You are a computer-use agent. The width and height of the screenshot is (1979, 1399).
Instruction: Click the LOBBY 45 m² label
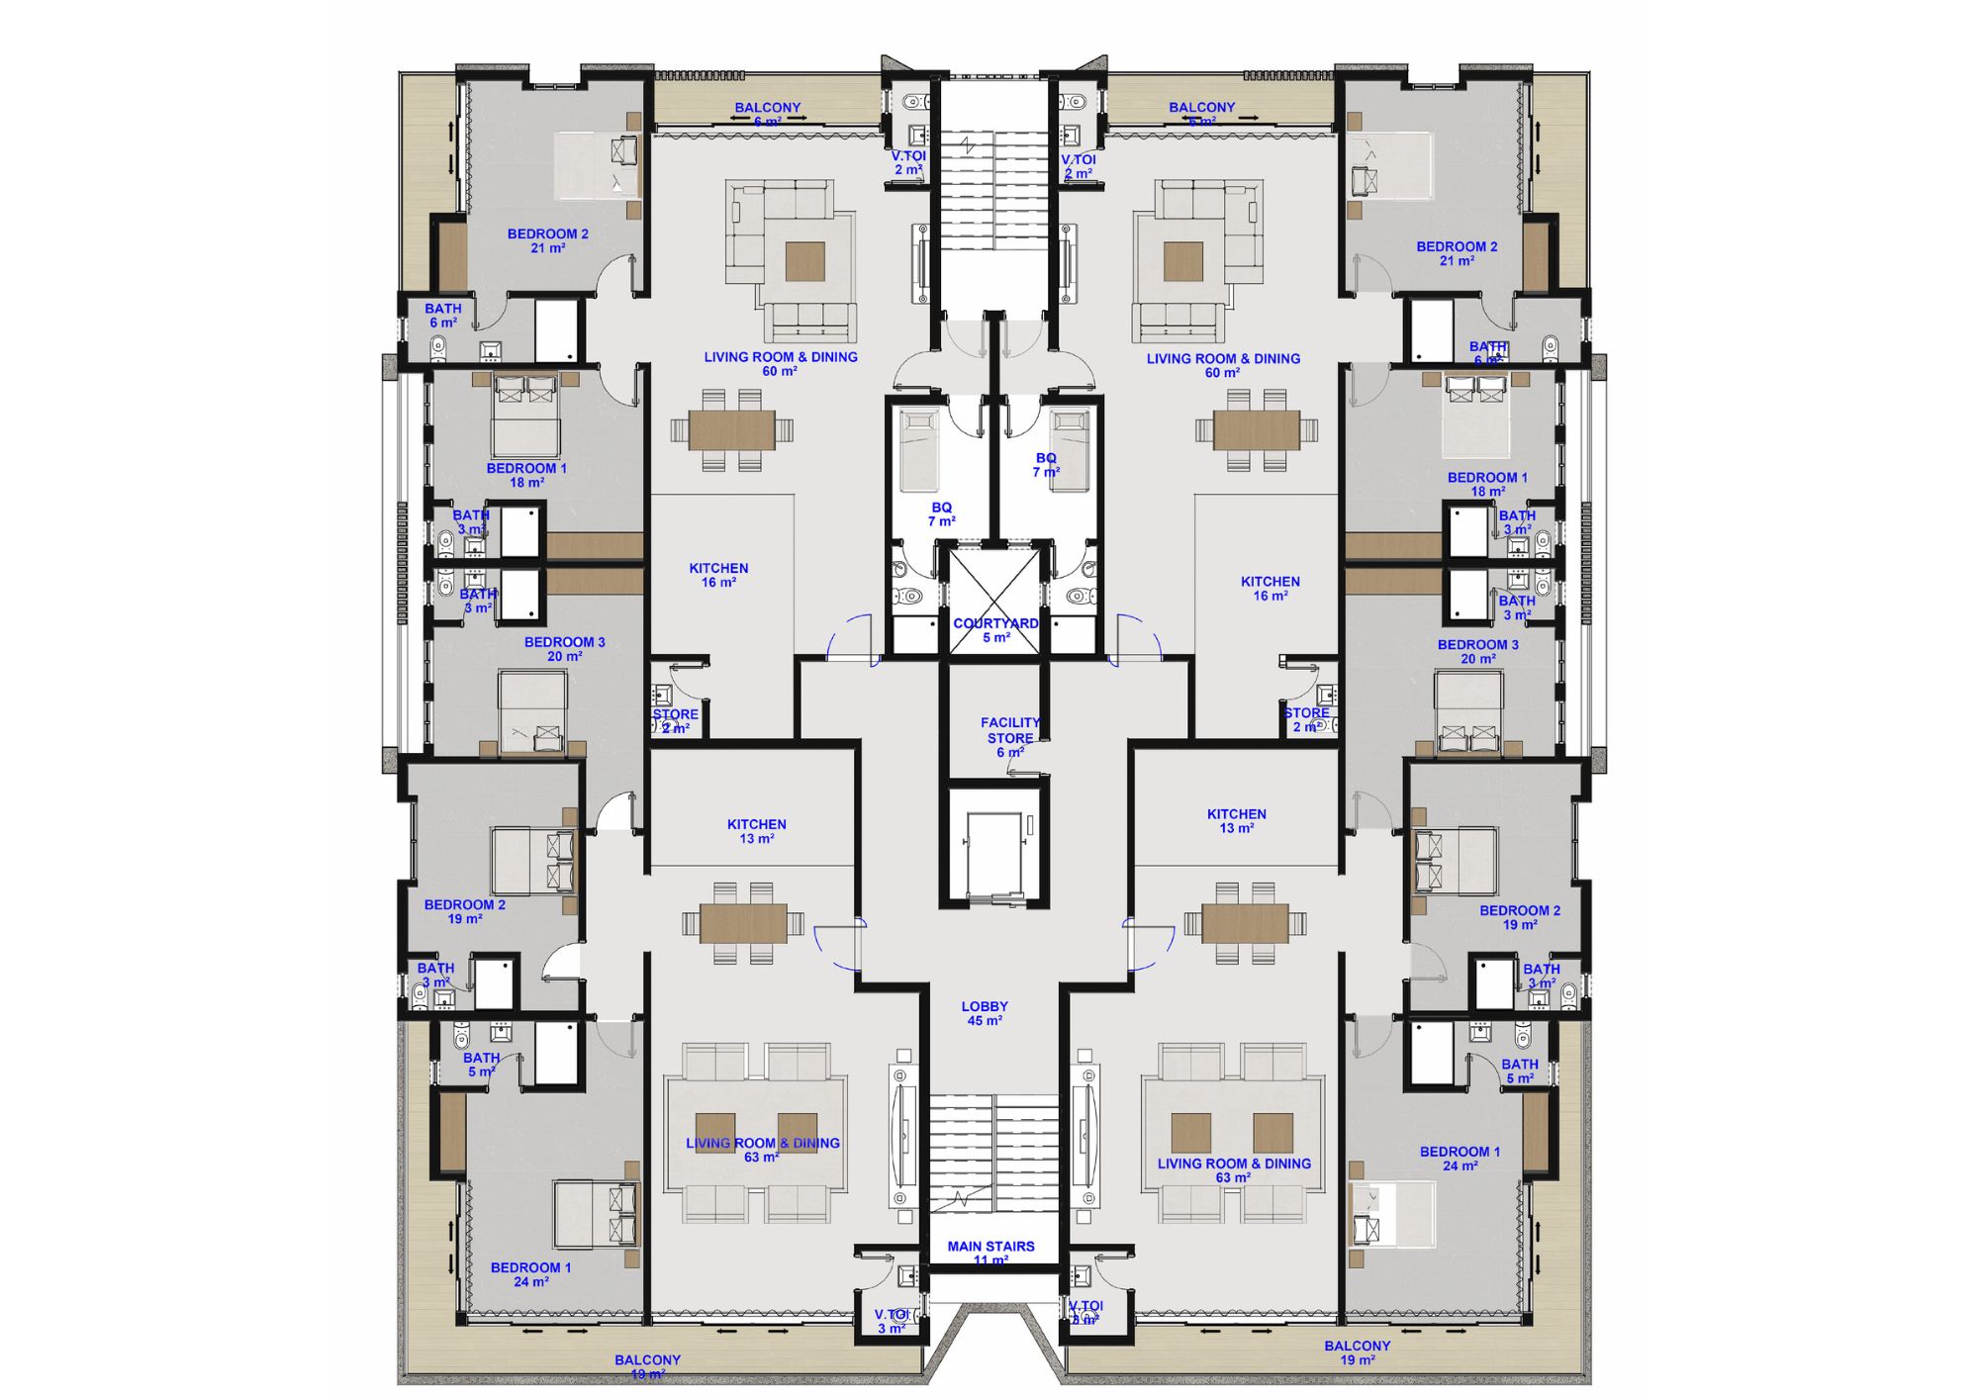pyautogui.click(x=984, y=1013)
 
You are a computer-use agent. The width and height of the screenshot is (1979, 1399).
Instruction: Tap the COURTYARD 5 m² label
pyautogui.click(x=995, y=630)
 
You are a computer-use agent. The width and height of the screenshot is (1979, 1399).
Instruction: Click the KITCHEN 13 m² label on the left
pyautogui.click(x=756, y=831)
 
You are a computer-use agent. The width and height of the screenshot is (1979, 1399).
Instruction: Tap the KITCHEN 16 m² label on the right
pyautogui.click(x=1270, y=589)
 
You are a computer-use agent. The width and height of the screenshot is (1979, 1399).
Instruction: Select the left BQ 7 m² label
pyautogui.click(x=941, y=513)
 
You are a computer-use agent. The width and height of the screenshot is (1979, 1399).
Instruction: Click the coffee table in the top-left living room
pyautogui.click(x=804, y=261)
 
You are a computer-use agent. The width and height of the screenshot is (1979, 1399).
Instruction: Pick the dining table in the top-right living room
pyautogui.click(x=1257, y=430)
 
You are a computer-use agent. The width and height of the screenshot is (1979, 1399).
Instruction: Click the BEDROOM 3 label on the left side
pyautogui.click(x=564, y=649)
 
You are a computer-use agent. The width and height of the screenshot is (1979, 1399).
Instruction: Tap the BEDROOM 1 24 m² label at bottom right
pyautogui.click(x=1460, y=1159)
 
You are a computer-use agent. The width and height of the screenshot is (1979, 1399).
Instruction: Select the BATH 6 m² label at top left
pyautogui.click(x=443, y=316)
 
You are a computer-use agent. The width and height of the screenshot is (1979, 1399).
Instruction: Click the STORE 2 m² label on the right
pyautogui.click(x=1306, y=719)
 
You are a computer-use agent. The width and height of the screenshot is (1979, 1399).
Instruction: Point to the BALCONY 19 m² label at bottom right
pyautogui.click(x=1357, y=1352)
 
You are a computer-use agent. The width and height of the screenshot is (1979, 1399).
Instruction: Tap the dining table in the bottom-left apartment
pyautogui.click(x=743, y=923)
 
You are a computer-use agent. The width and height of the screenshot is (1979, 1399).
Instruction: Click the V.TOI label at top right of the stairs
pyautogui.click(x=1079, y=166)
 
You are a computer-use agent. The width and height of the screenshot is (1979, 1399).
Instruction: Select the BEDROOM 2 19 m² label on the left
pyautogui.click(x=464, y=911)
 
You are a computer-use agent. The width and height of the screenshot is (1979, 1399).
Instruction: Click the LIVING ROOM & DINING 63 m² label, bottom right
pyautogui.click(x=1234, y=1170)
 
